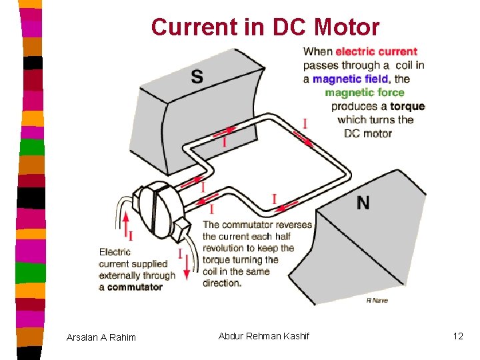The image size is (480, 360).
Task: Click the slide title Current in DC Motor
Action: click(x=265, y=27)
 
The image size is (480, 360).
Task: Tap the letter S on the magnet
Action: click(x=197, y=77)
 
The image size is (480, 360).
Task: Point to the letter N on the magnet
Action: click(x=363, y=203)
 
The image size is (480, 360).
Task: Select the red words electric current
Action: click(x=376, y=51)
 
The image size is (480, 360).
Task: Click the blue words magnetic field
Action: click(x=351, y=79)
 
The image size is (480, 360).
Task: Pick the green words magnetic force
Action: click(x=364, y=93)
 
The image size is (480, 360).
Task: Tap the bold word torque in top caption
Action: click(x=407, y=107)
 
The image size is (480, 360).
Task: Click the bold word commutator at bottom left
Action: click(x=131, y=287)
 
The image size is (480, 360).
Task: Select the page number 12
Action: click(x=457, y=336)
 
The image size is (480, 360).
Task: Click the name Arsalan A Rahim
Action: click(x=101, y=337)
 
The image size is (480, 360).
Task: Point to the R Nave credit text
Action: click(x=377, y=301)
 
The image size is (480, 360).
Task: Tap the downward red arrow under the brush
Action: click(x=187, y=267)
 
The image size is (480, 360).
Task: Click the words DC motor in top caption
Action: click(x=367, y=133)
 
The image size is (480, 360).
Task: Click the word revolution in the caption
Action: click(x=227, y=249)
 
